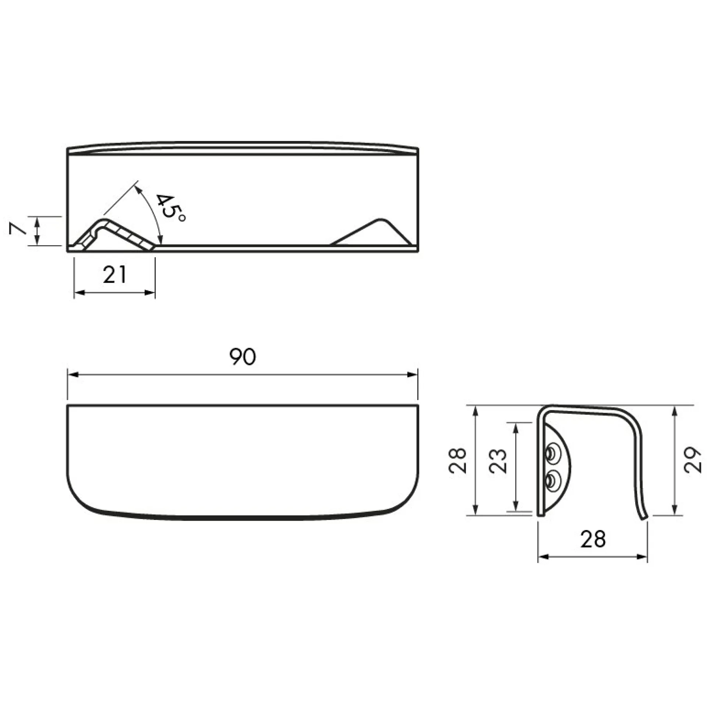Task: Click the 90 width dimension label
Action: (x=243, y=357)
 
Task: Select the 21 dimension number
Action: (x=114, y=275)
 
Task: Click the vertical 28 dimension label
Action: (x=457, y=460)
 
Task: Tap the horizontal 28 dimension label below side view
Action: (x=593, y=539)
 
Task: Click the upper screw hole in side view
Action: (x=552, y=455)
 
